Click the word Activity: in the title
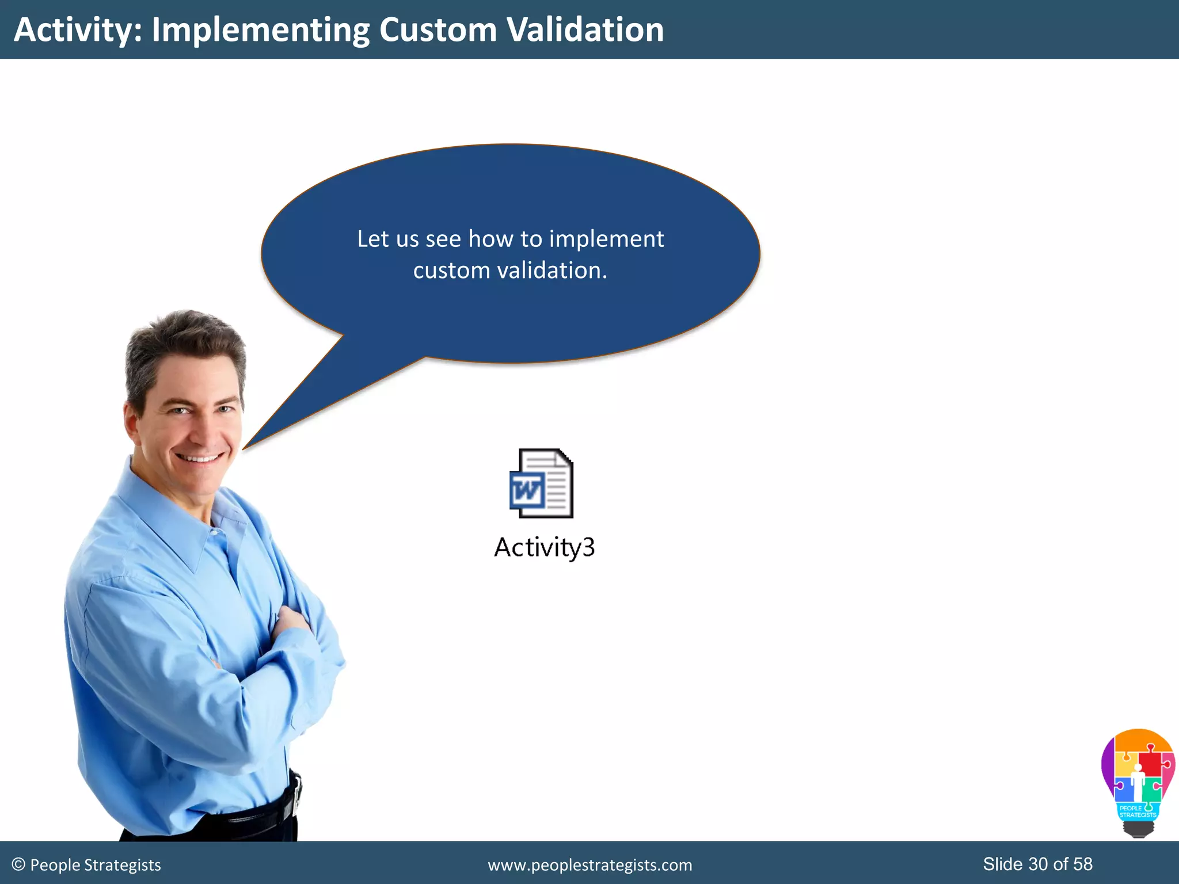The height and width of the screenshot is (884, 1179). click(x=78, y=30)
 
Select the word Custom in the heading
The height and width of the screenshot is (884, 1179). click(x=438, y=30)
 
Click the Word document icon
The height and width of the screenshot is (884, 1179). click(x=541, y=483)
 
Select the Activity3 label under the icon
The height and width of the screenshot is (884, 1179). click(x=544, y=547)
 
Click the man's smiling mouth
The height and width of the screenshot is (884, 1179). click(x=199, y=459)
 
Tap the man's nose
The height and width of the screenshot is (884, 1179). click(x=201, y=429)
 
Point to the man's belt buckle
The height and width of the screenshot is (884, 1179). click(x=296, y=794)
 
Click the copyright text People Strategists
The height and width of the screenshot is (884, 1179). click(x=86, y=865)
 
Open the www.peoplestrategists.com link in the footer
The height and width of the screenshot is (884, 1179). click(x=589, y=865)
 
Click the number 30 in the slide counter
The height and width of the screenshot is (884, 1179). click(x=1038, y=864)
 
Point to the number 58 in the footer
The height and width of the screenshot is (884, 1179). click(x=1083, y=864)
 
